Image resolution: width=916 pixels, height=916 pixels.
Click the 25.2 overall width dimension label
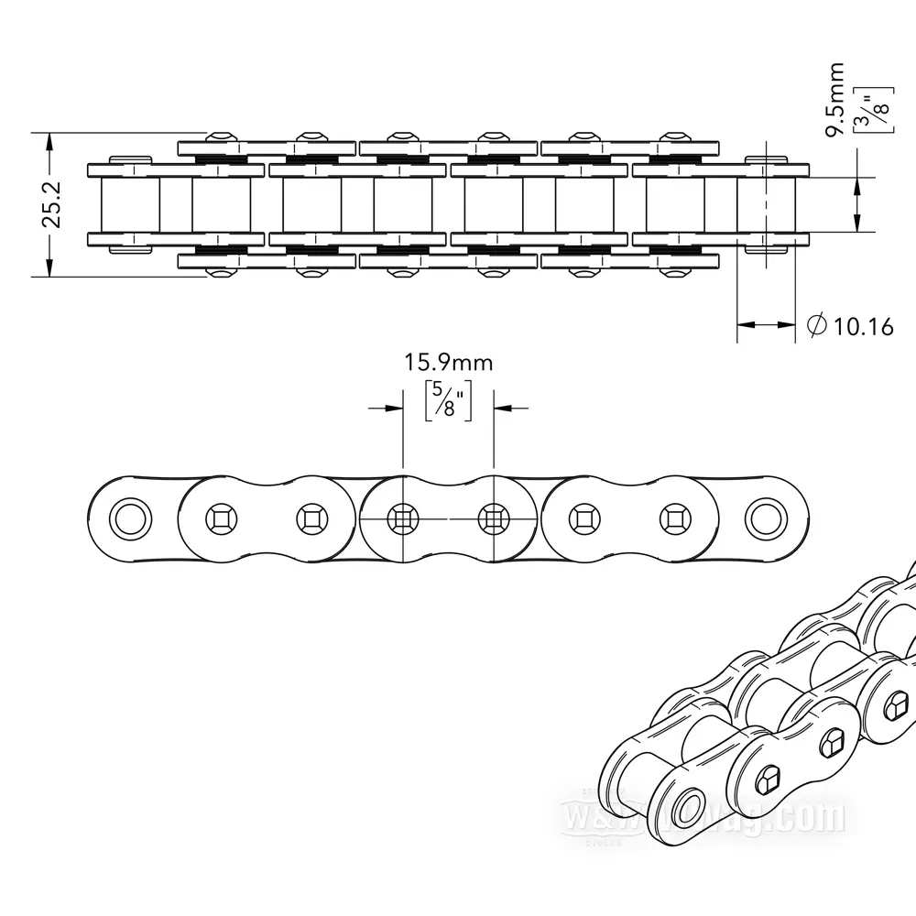(x=52, y=203)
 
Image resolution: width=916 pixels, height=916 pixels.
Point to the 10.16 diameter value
(x=862, y=325)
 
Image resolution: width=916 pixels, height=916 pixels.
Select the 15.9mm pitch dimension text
(x=449, y=362)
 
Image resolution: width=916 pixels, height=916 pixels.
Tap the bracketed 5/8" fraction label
(x=449, y=400)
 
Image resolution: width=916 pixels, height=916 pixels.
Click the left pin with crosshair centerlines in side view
(x=403, y=518)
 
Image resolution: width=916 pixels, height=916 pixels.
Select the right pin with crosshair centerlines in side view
(x=494, y=518)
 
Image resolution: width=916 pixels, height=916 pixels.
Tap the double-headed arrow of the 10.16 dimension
(x=766, y=324)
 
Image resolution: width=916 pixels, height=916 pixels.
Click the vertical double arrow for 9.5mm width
(x=856, y=204)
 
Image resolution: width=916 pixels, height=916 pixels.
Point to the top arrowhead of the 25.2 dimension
(x=48, y=139)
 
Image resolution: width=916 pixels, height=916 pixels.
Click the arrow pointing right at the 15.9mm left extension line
(x=387, y=408)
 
